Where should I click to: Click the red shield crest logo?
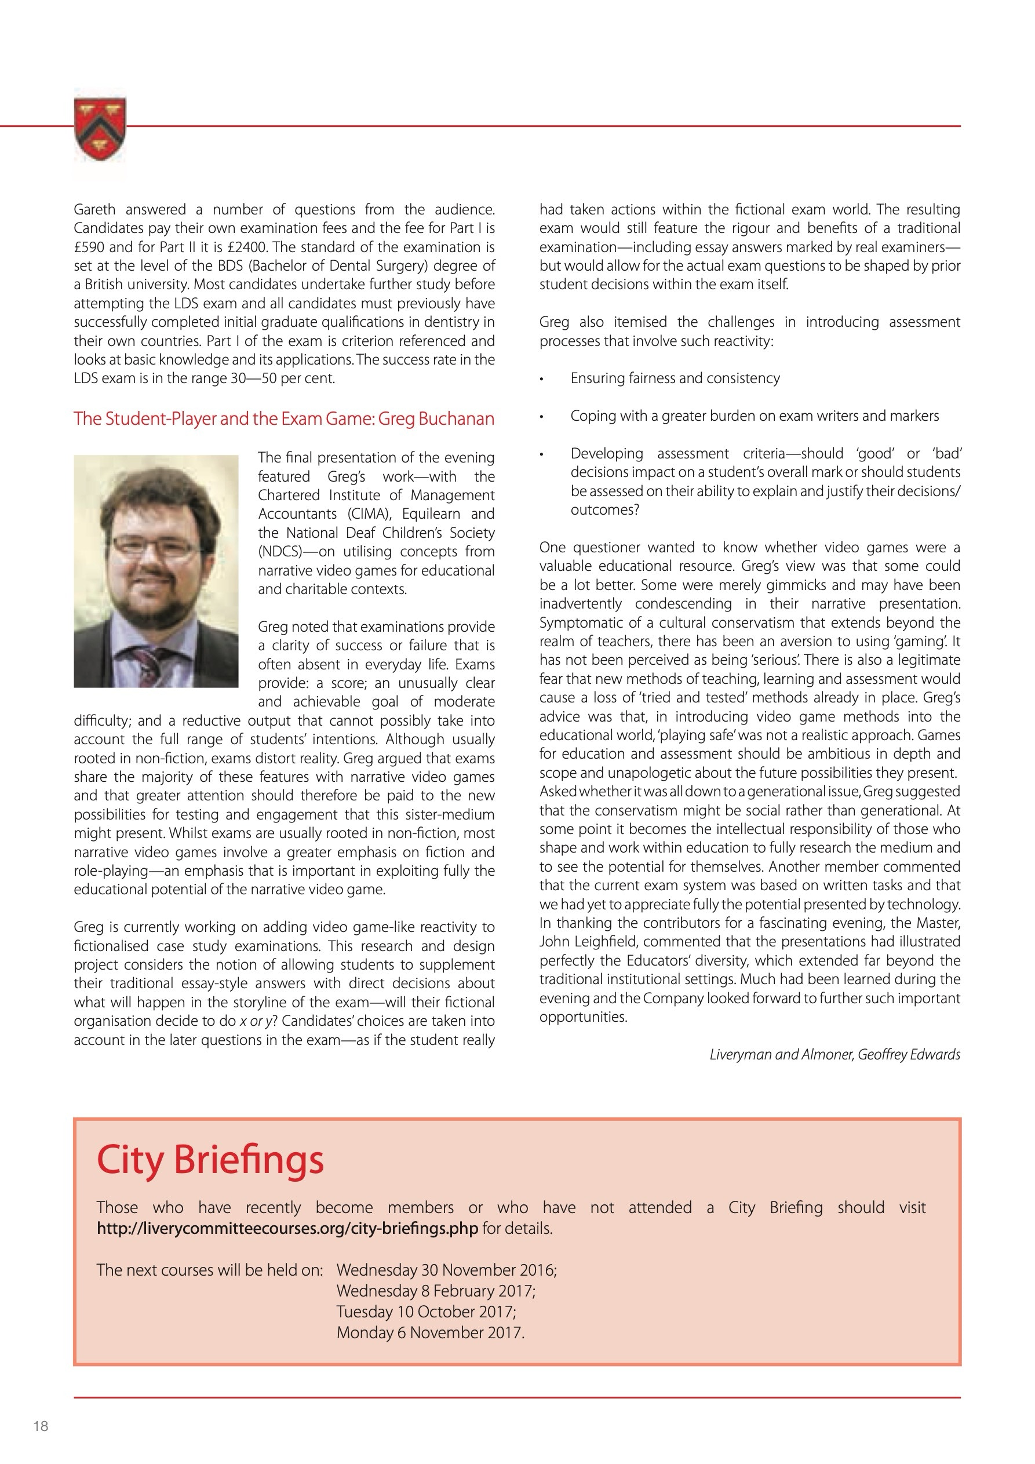tap(100, 128)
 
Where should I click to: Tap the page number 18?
tap(41, 1426)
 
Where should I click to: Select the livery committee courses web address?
tap(287, 1228)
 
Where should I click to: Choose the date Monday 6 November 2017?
tap(431, 1332)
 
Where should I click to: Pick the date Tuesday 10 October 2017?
tap(426, 1312)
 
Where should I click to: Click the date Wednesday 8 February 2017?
tap(436, 1291)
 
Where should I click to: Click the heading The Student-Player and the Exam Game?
tap(284, 418)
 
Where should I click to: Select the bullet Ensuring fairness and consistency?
tap(675, 378)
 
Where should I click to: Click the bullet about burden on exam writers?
tap(755, 416)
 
